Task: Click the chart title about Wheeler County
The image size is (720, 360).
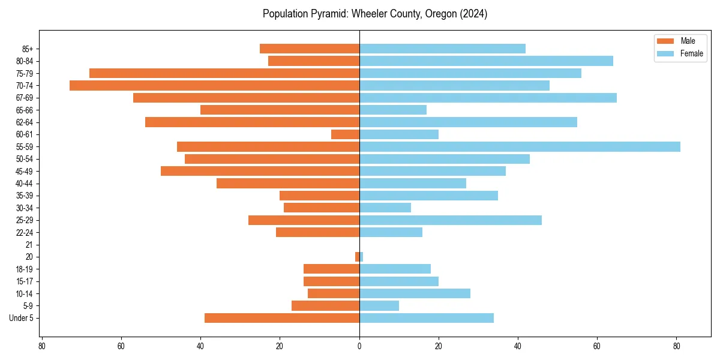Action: pyautogui.click(x=375, y=14)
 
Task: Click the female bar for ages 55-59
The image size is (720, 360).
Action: pyautogui.click(x=520, y=147)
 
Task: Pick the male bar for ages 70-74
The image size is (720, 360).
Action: pyautogui.click(x=214, y=86)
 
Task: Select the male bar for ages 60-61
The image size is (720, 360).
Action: pyautogui.click(x=345, y=134)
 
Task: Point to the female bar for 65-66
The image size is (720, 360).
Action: pyautogui.click(x=393, y=110)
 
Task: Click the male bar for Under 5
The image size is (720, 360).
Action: pyautogui.click(x=282, y=318)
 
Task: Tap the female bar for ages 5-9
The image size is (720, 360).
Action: pyautogui.click(x=379, y=306)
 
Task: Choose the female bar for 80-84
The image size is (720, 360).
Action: pyautogui.click(x=486, y=61)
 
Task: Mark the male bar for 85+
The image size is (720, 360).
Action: pyautogui.click(x=310, y=49)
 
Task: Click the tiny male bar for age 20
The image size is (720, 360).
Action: pyautogui.click(x=357, y=257)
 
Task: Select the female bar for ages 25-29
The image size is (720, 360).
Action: pyautogui.click(x=451, y=220)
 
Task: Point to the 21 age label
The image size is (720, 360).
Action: pyautogui.click(x=29, y=245)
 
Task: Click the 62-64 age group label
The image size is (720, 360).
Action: pyautogui.click(x=25, y=122)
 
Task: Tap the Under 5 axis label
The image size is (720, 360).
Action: pyautogui.click(x=21, y=318)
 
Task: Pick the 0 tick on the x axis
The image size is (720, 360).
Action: pyautogui.click(x=359, y=346)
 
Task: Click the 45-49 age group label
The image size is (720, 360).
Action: pyautogui.click(x=25, y=172)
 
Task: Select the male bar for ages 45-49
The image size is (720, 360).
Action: pyautogui.click(x=260, y=172)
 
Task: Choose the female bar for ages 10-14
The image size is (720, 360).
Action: pyautogui.click(x=415, y=293)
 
